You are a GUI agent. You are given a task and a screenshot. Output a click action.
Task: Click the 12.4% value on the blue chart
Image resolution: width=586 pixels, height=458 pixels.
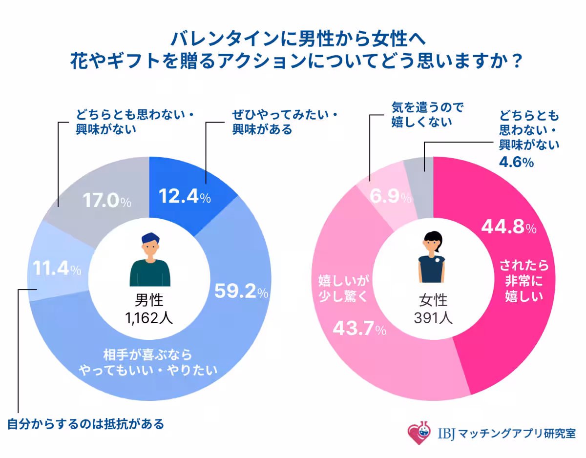(x=185, y=197)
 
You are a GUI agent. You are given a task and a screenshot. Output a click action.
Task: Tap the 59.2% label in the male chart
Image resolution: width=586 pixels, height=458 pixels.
(x=241, y=292)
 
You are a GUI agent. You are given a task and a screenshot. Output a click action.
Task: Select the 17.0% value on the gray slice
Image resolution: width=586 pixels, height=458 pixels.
(x=106, y=201)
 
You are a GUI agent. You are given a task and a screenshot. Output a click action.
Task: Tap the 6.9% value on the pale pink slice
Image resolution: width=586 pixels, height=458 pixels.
(x=390, y=197)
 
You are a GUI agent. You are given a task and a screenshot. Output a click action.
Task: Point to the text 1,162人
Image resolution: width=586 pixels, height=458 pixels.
(x=149, y=318)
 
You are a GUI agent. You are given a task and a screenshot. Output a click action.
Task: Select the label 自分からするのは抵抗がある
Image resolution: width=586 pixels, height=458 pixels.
(x=85, y=424)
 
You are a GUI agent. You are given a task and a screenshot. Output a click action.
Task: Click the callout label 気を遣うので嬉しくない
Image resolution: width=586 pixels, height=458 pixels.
(x=427, y=115)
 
